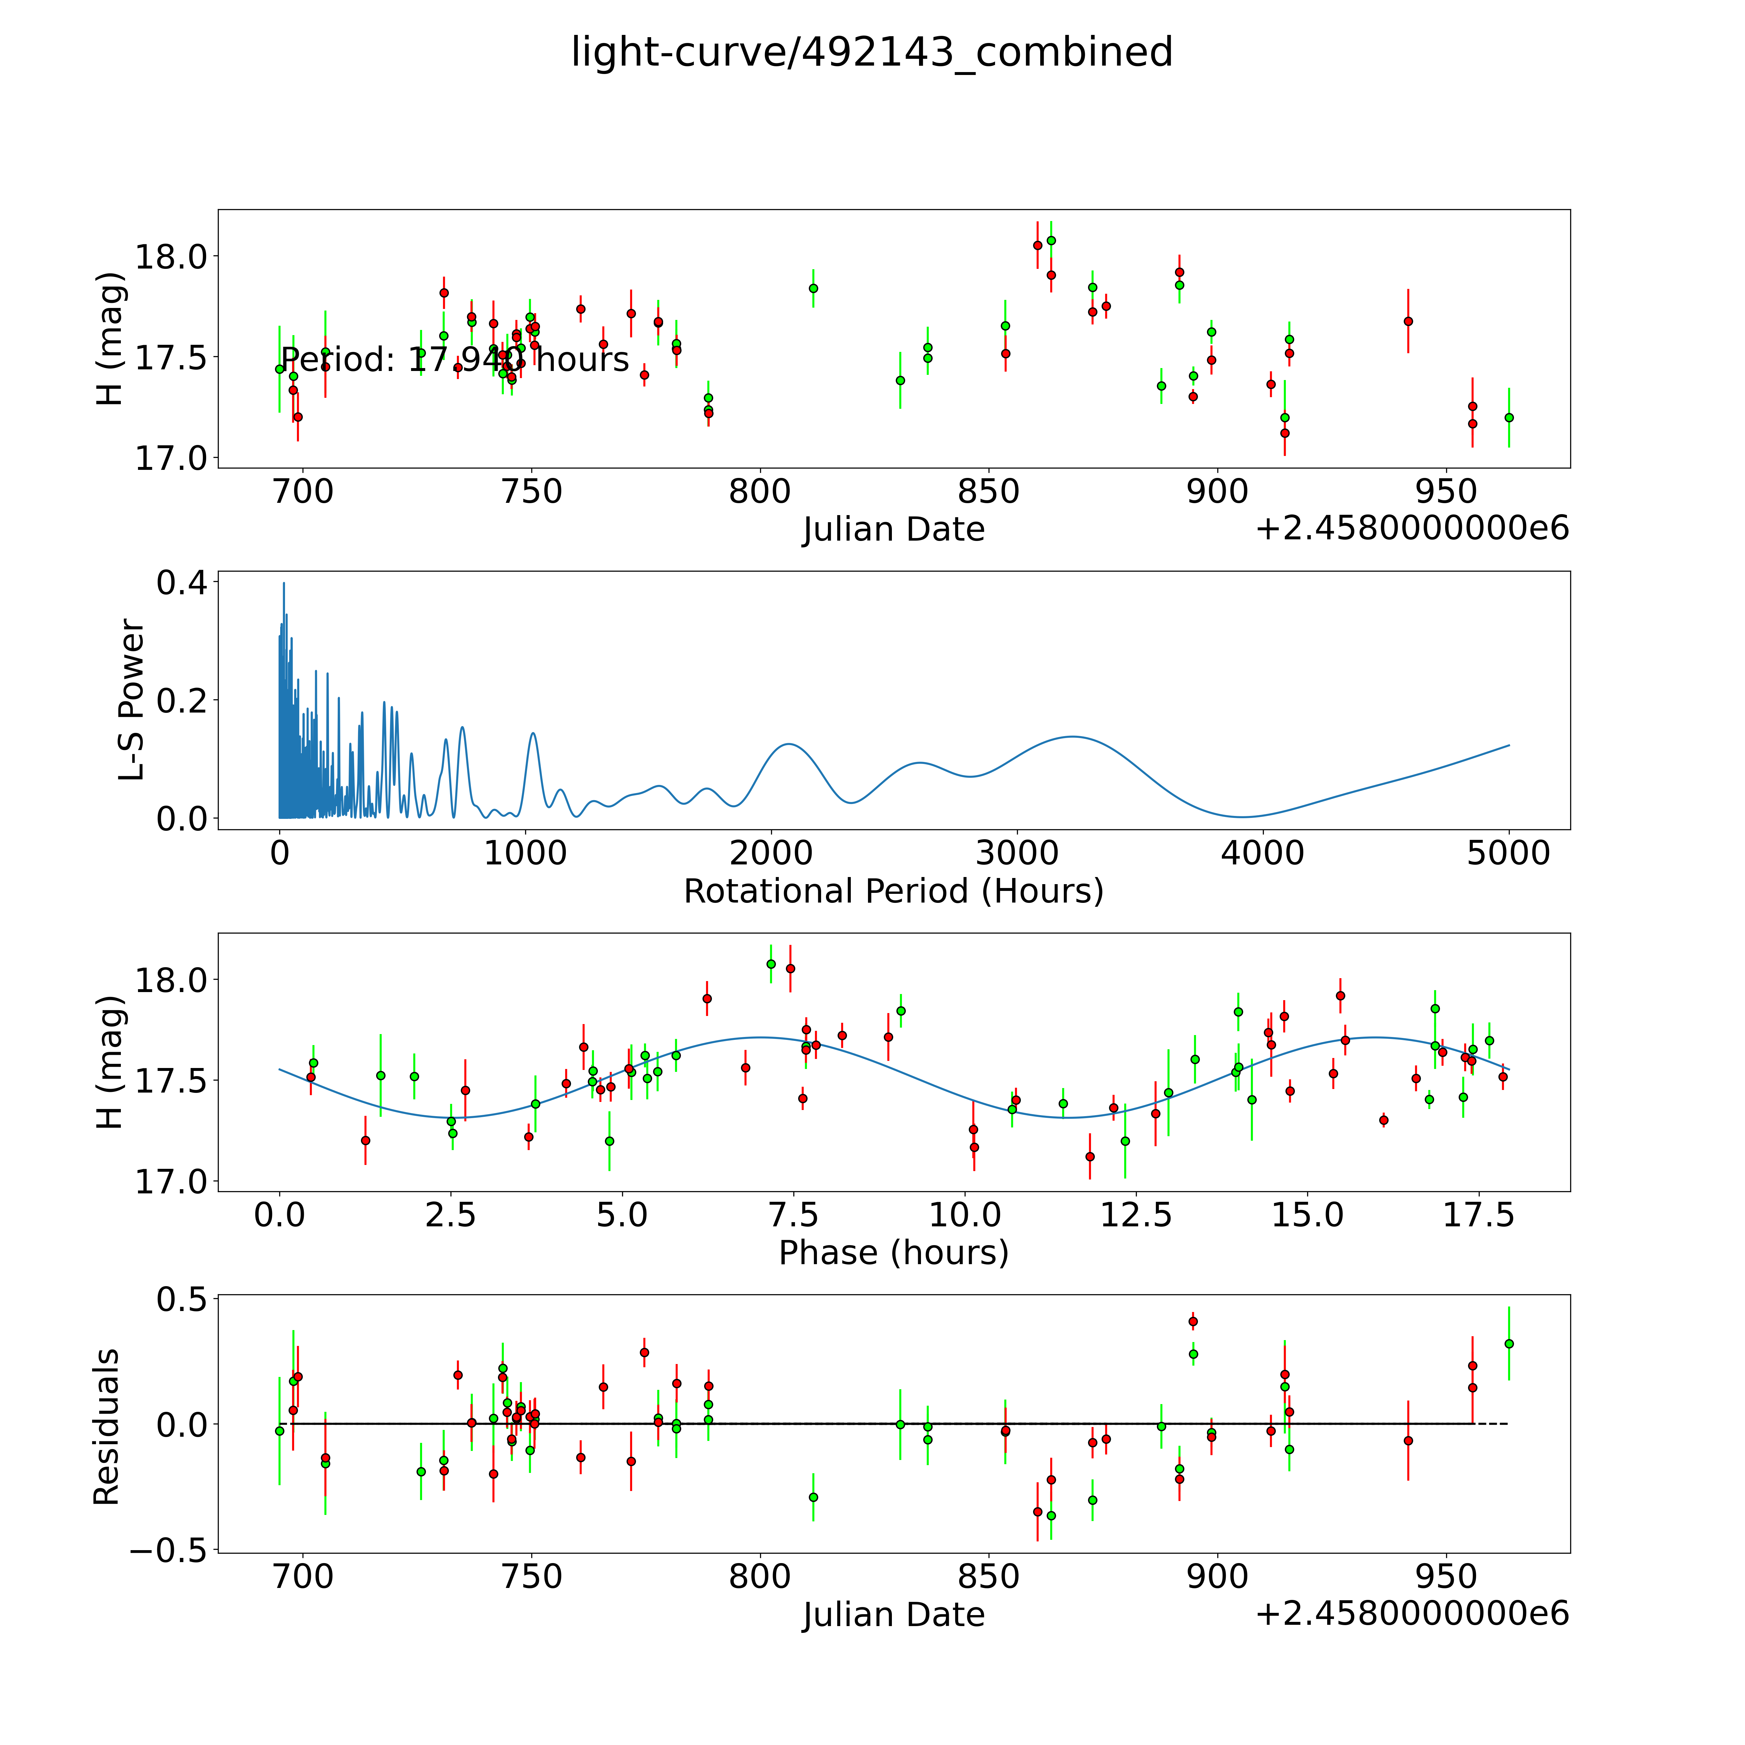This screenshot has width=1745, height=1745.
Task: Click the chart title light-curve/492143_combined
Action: click(872, 52)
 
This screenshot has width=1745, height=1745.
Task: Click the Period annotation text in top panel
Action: click(454, 359)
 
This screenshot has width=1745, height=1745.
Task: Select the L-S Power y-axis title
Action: click(132, 700)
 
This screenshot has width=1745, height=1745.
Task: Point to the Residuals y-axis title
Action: click(107, 1427)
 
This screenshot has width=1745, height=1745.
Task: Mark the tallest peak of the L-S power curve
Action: click(284, 584)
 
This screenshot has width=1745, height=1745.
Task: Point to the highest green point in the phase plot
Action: click(770, 964)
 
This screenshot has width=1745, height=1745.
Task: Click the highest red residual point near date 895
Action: click(1192, 1321)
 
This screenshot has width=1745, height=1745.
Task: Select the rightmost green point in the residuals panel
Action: click(1508, 1344)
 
